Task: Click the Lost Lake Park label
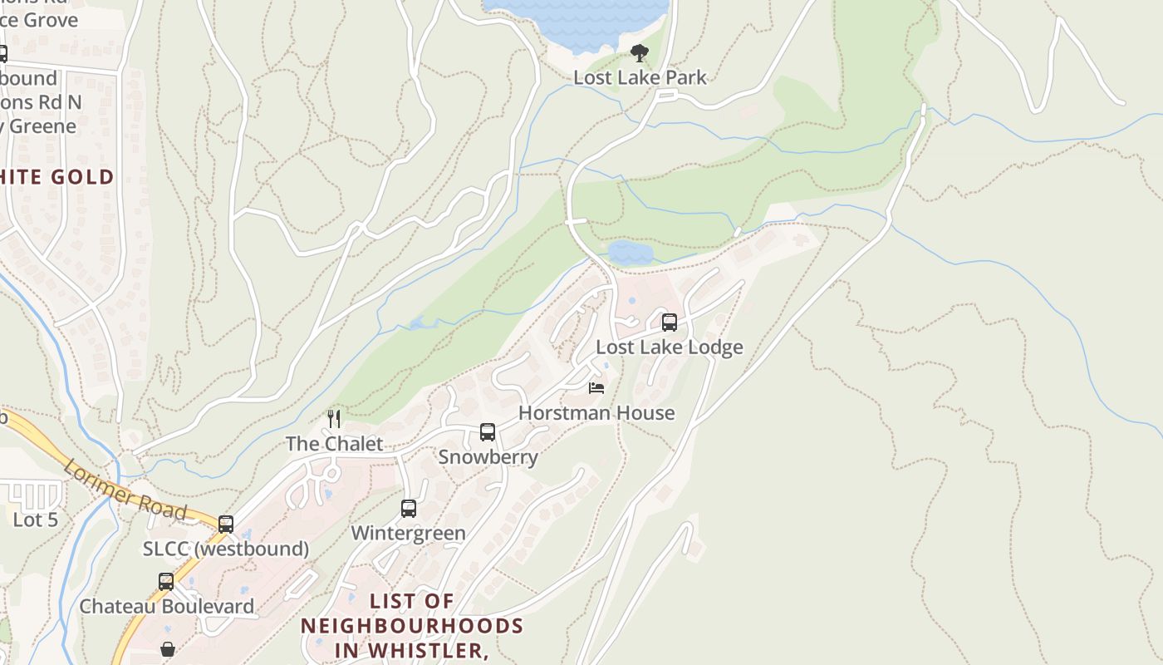(x=640, y=77)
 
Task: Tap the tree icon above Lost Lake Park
(x=639, y=53)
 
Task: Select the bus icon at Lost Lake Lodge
(x=670, y=323)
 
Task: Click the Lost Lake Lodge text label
(x=670, y=347)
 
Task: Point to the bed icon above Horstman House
(x=596, y=388)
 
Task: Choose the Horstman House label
(x=596, y=412)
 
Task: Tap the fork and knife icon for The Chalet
(x=334, y=419)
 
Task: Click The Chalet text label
(x=334, y=443)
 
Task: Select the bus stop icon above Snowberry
(x=488, y=432)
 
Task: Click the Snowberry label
(x=488, y=456)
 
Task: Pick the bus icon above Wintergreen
(x=409, y=509)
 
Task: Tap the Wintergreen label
(x=408, y=533)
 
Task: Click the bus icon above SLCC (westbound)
(x=226, y=525)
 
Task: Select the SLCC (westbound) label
(x=226, y=549)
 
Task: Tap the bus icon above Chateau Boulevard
(x=166, y=582)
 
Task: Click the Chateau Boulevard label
(x=166, y=606)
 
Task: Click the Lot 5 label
(x=36, y=520)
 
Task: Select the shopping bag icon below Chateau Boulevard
(x=168, y=649)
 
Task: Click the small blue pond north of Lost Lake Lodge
(x=630, y=252)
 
